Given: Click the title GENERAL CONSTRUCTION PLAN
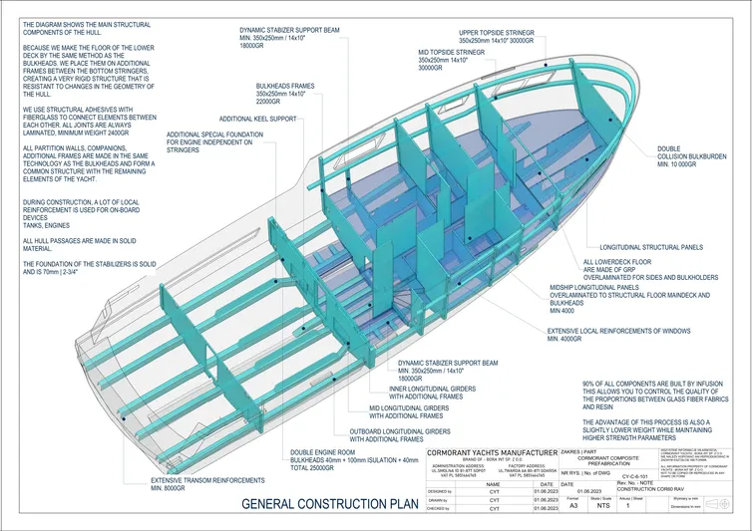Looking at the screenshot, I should click(x=330, y=503).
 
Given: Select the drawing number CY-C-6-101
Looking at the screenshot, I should click(x=639, y=478).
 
